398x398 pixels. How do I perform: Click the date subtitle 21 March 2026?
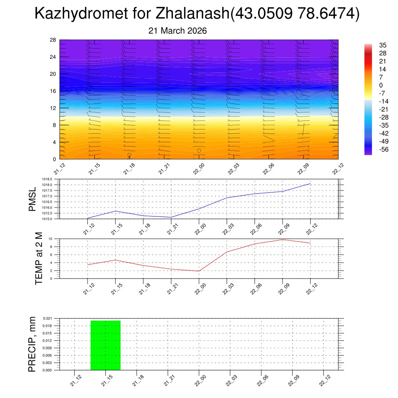pyautogui.click(x=178, y=31)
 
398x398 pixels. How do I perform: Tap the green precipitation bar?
pyautogui.click(x=105, y=346)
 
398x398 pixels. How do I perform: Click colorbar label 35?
pyautogui.click(x=383, y=45)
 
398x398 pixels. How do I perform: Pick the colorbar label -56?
pyautogui.click(x=384, y=149)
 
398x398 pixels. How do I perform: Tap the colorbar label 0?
pyautogui.click(x=381, y=85)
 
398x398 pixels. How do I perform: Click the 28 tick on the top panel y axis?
pyautogui.click(x=53, y=40)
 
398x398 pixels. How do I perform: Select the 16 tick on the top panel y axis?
pyautogui.click(x=53, y=91)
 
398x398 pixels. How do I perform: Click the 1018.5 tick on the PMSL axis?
pyautogui.click(x=50, y=179)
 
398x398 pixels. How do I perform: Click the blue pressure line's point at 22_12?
pyautogui.click(x=310, y=183)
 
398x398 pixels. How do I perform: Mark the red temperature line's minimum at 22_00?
pyautogui.click(x=199, y=271)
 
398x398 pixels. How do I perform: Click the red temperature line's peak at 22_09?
pyautogui.click(x=283, y=240)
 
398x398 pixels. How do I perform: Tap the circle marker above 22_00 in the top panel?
pyautogui.click(x=199, y=150)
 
